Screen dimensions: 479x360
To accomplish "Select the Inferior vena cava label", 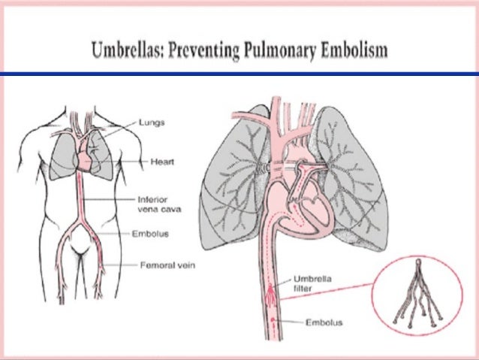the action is click(154, 204).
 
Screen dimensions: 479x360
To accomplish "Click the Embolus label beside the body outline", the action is click(153, 234).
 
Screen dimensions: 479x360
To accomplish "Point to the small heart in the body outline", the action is click(86, 159).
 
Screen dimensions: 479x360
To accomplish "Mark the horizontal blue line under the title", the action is click(239, 74).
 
